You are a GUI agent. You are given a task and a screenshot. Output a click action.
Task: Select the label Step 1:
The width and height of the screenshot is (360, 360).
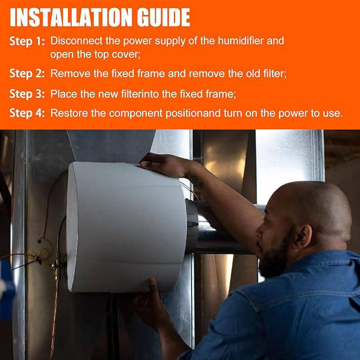coord(27,41)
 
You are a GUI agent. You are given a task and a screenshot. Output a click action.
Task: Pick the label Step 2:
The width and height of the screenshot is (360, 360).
coord(27,74)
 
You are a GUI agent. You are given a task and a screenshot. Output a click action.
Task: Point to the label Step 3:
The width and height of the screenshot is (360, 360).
coord(27,94)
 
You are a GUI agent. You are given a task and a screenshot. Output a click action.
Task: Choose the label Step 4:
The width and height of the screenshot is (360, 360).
coord(27,113)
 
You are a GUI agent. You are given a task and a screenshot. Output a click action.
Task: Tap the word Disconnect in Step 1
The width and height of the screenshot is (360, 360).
coord(76,41)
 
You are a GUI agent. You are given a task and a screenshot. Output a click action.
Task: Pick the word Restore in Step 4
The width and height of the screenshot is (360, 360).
coord(69,113)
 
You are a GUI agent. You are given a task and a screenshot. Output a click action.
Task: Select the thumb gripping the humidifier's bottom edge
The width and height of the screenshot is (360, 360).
coord(153,285)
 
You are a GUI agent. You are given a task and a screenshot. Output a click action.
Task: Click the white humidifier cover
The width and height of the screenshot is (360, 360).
coord(126,227)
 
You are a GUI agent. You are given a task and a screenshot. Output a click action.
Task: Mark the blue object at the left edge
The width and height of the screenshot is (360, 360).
coord(7,290)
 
